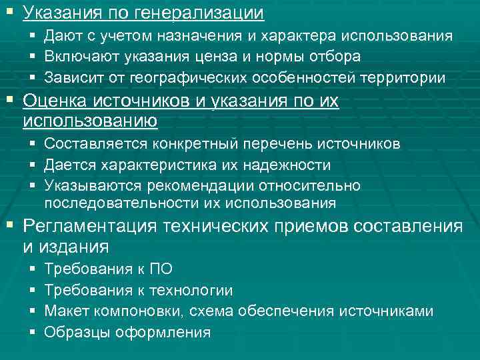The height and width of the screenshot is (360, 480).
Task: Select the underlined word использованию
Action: tap(90, 121)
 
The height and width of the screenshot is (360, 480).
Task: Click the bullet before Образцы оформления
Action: tap(33, 332)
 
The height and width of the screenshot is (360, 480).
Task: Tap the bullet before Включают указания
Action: tap(33, 57)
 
